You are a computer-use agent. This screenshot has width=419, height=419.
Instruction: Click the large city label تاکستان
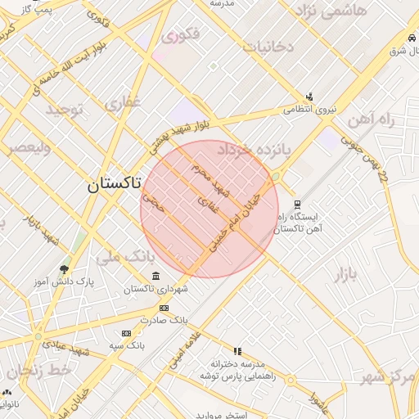tap(113, 185)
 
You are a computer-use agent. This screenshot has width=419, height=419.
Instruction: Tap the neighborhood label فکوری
tap(181, 36)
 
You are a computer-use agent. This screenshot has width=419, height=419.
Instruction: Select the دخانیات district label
tap(268, 47)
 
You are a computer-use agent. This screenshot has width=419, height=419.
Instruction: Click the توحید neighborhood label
tap(65, 110)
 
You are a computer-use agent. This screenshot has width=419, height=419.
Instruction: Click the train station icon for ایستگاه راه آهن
tap(297, 205)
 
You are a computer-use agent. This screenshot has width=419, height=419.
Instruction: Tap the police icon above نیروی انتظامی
tap(309, 95)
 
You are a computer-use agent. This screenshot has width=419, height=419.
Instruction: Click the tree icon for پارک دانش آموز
tap(64, 268)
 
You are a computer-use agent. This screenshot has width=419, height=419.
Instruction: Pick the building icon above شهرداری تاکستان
tap(155, 275)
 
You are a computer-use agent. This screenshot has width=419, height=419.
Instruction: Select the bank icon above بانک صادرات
tap(164, 308)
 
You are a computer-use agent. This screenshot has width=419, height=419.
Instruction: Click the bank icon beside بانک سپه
tap(125, 333)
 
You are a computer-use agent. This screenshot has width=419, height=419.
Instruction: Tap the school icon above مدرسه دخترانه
tap(238, 350)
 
